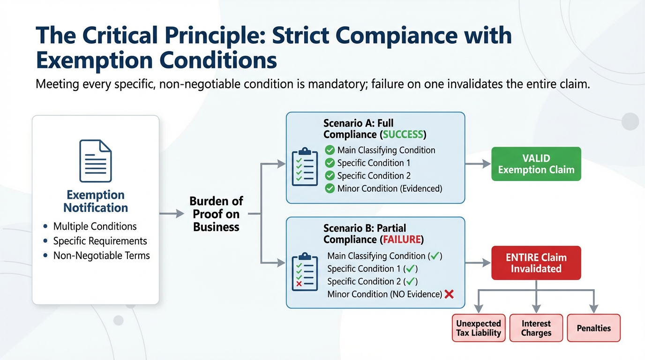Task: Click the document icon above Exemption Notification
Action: click(x=96, y=161)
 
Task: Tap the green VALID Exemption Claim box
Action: click(x=536, y=164)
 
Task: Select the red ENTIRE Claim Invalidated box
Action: click(x=536, y=263)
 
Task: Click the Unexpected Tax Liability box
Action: click(x=479, y=328)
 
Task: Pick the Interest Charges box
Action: click(x=536, y=328)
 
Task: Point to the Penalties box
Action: click(x=593, y=328)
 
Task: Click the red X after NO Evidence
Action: click(x=449, y=294)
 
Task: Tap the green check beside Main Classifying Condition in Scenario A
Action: click(x=330, y=150)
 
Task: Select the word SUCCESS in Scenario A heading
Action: click(x=403, y=135)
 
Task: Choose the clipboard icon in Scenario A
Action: click(x=304, y=167)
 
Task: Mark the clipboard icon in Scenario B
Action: click(x=304, y=272)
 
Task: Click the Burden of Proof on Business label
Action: click(x=216, y=214)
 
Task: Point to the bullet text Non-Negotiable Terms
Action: click(x=101, y=255)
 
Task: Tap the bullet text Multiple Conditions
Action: click(x=95, y=226)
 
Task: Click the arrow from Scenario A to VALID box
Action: click(x=477, y=164)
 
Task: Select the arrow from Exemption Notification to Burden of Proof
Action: click(x=172, y=214)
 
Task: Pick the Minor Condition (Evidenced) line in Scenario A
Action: click(x=389, y=188)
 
